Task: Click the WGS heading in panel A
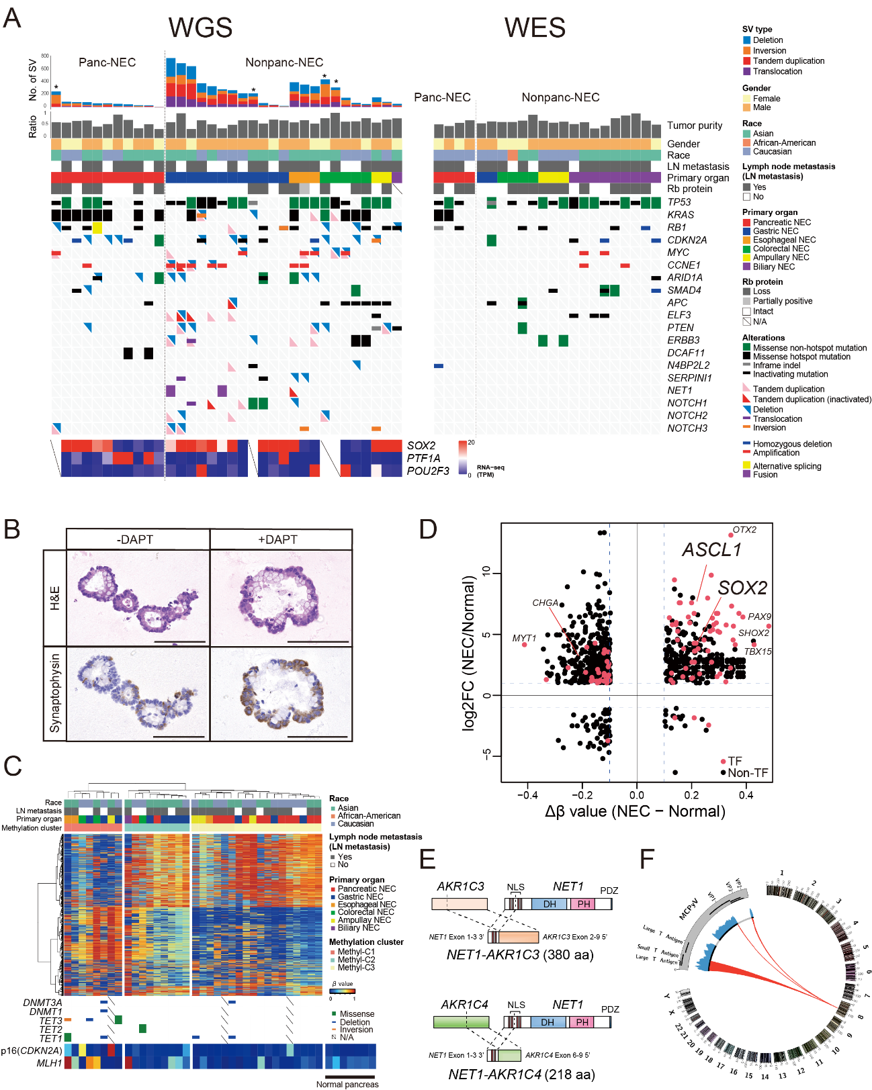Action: coord(200,28)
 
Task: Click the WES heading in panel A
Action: coord(535,28)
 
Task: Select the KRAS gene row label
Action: coord(681,215)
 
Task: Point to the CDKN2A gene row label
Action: coord(687,240)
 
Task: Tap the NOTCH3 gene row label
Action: coord(687,428)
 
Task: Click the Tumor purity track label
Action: coord(694,126)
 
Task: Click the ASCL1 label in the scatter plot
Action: coord(711,550)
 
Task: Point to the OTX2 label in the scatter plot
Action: coord(744,530)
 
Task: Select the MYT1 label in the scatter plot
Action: coord(524,638)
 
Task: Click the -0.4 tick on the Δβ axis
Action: coord(527,795)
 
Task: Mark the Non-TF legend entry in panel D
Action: coord(747,773)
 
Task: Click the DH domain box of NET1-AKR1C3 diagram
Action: coord(550,904)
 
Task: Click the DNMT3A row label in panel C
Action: coord(42,1003)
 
